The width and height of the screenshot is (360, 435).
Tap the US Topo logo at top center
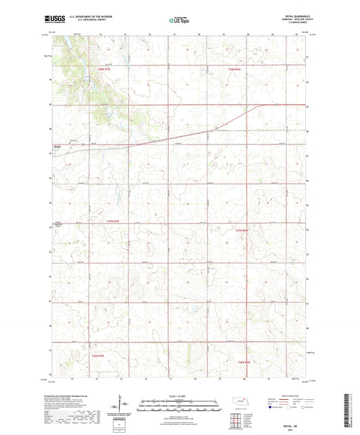point(178,21)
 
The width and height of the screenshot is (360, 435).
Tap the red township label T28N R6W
point(234,69)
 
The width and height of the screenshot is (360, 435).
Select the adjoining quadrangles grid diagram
point(239,419)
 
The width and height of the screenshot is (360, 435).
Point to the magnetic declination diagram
point(125,406)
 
